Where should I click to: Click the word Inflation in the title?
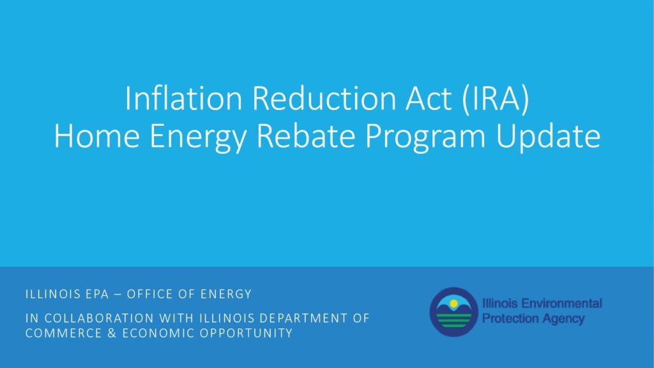coord(184,98)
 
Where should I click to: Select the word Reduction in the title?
coord(324,98)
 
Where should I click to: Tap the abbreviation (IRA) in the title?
coord(496,99)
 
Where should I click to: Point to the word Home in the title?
coord(97,135)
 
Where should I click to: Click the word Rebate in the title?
coord(306,135)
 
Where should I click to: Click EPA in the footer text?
coord(97,294)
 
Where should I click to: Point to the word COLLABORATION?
coord(99,318)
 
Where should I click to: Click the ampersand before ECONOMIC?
coord(112,333)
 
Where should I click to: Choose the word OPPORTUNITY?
coord(246,333)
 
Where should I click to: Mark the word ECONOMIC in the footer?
coord(158,333)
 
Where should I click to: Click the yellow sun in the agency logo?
coord(454,303)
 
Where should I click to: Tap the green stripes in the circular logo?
coord(454,320)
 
